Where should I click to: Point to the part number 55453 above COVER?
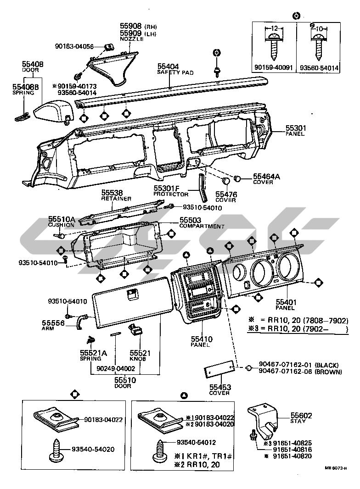pyautogui.click(x=219, y=387)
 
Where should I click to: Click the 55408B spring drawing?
pyautogui.click(x=20, y=117)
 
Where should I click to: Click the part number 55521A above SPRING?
pyautogui.click(x=93, y=352)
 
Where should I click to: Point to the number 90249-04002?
pyautogui.click(x=116, y=368)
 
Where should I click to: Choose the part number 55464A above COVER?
pyautogui.click(x=265, y=176)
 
